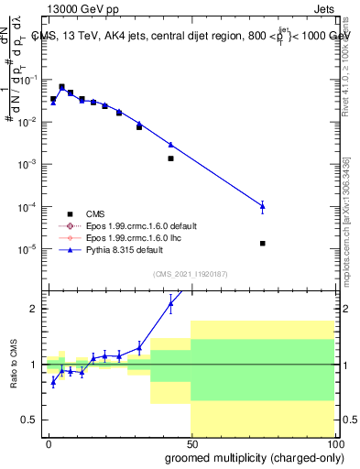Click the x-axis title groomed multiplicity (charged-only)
click(250, 456)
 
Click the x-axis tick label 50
click(191, 442)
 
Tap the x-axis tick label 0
click(49, 442)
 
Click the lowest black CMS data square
click(263, 243)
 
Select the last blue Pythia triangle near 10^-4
click(263, 206)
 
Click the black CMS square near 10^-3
click(170, 158)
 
